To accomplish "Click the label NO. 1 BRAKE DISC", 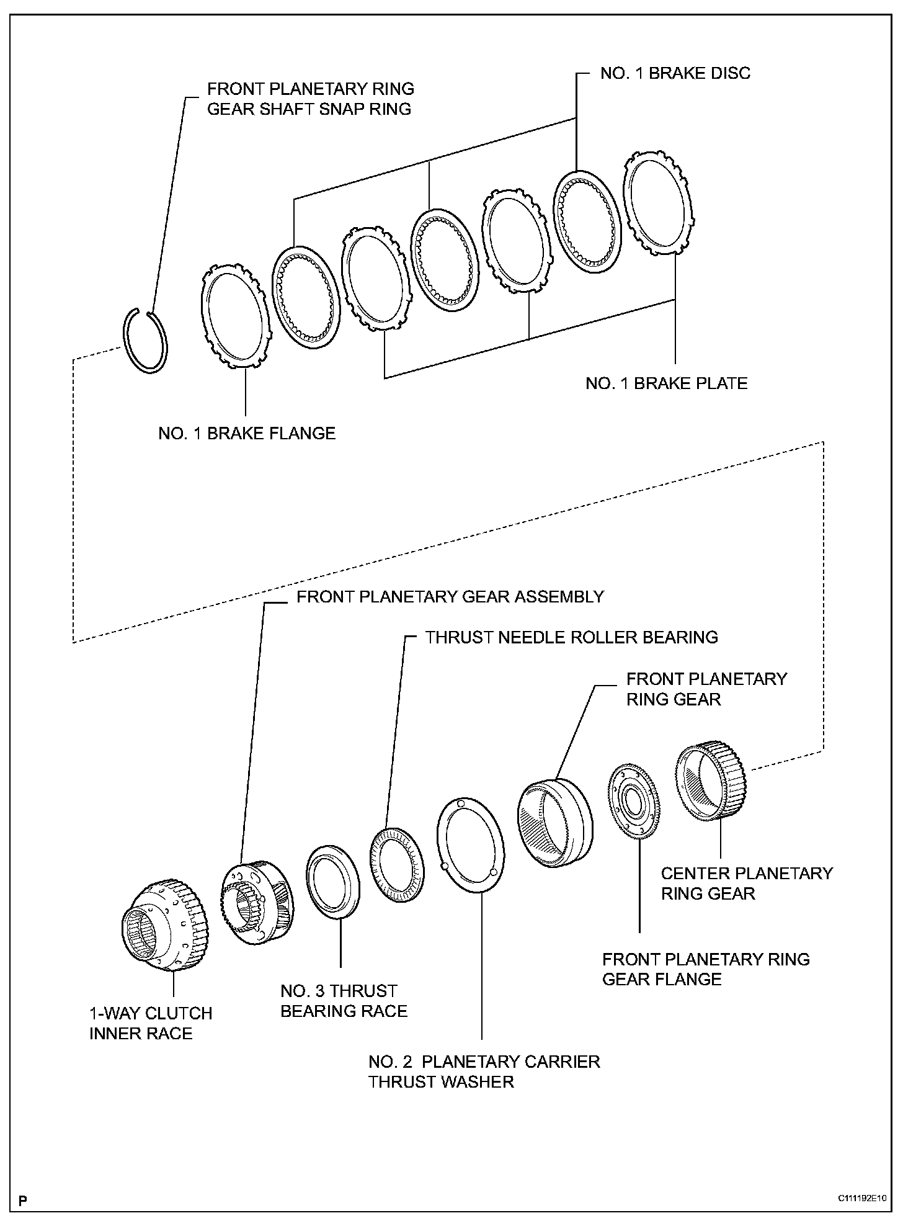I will (675, 73).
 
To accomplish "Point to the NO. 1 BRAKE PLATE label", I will (666, 383).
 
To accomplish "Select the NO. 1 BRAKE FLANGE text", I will (247, 433).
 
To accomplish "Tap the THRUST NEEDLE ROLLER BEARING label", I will (571, 637).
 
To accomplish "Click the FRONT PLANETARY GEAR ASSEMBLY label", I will (450, 597).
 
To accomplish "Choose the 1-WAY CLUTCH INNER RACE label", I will (151, 1023).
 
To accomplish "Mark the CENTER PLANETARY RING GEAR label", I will (746, 884).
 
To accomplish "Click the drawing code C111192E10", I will (862, 1198).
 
